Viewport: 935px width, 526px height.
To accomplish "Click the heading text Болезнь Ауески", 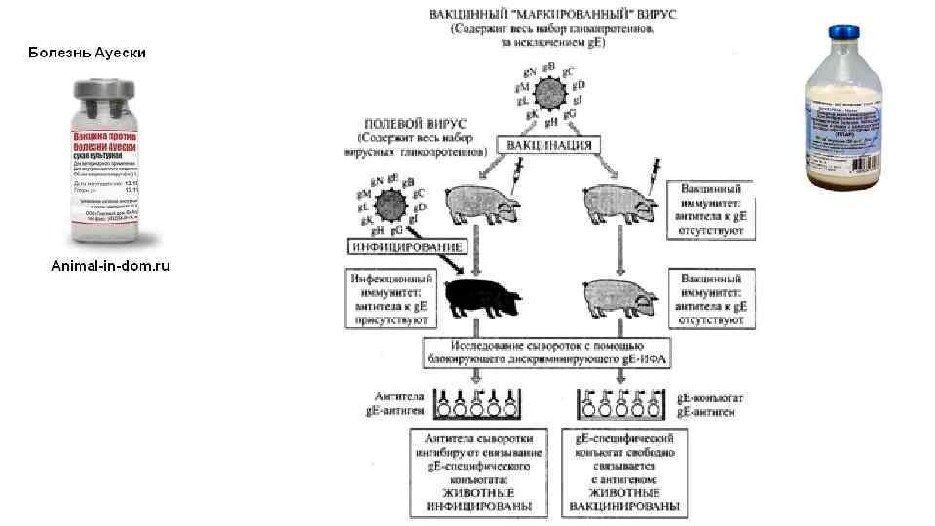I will [87, 52].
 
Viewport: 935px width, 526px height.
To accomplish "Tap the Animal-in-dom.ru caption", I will [110, 265].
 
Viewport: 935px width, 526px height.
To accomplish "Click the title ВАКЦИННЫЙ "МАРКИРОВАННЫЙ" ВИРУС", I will [553, 16].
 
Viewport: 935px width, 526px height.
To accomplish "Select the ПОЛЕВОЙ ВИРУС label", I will [414, 125].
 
